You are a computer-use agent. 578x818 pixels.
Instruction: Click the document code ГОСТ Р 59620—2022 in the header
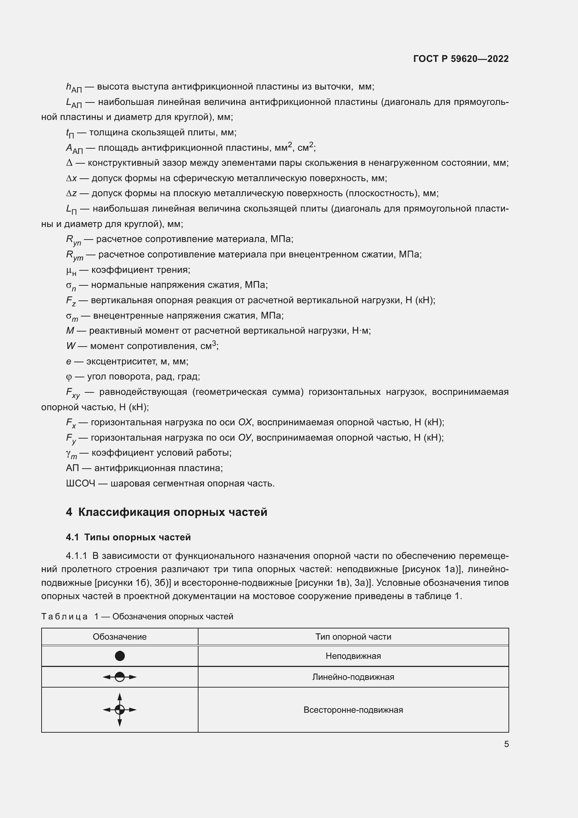[461, 59]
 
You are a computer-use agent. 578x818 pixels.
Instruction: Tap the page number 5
[506, 744]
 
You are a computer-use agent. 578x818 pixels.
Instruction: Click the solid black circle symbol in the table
[120, 656]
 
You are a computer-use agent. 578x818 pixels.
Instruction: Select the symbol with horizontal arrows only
[120, 677]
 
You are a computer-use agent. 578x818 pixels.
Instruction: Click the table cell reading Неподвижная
[353, 656]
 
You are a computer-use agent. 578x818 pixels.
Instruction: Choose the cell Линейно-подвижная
[353, 677]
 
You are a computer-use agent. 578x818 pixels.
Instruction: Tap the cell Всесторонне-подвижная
[353, 710]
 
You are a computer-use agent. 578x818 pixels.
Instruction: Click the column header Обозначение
[120, 636]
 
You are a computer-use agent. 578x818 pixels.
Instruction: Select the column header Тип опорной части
[353, 636]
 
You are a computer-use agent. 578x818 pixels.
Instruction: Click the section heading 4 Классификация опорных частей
[167, 512]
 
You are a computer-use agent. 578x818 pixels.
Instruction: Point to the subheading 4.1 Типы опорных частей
[128, 537]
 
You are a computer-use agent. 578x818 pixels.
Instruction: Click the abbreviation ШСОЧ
[80, 483]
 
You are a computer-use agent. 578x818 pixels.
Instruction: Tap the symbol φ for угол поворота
[69, 377]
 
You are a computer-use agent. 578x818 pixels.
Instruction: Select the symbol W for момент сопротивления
[71, 346]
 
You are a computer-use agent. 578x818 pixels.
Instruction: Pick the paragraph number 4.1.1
[76, 556]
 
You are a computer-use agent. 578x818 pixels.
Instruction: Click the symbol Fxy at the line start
[73, 393]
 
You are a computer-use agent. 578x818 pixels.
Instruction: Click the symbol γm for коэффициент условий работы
[71, 454]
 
